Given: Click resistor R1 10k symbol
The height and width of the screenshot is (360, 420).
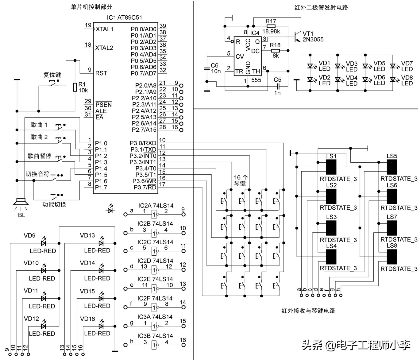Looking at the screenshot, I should pyautogui.click(x=75, y=87).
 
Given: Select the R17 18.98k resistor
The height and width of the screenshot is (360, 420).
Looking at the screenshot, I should pyautogui.click(x=271, y=26).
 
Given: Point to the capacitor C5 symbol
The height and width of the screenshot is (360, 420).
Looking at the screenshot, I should pyautogui.click(x=278, y=87).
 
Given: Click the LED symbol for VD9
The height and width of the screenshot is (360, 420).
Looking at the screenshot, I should pyautogui.click(x=43, y=243).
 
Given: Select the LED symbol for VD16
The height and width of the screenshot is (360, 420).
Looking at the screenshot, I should pyautogui.click(x=101, y=326).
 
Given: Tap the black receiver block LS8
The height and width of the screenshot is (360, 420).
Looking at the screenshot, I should pyautogui.click(x=392, y=257).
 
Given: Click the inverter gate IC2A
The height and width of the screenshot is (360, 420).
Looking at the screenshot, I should pyautogui.click(x=154, y=214).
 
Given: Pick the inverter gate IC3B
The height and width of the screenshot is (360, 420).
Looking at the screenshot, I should pyautogui.click(x=154, y=345).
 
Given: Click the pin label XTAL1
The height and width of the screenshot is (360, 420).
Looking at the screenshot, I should pyautogui.click(x=104, y=29).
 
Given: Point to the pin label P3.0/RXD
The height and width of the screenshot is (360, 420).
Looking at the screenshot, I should pyautogui.click(x=143, y=143).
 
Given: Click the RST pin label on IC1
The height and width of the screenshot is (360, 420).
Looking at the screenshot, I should pyautogui.click(x=101, y=73).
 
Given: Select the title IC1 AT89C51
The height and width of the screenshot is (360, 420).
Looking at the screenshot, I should pyautogui.click(x=124, y=18).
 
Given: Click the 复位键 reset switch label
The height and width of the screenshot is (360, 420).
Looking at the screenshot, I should pyautogui.click(x=52, y=75).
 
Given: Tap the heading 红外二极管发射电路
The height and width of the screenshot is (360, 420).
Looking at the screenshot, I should pyautogui.click(x=321, y=8).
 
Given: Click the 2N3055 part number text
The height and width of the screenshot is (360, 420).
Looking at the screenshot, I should pyautogui.click(x=313, y=40).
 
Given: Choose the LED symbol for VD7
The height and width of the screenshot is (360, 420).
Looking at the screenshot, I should pyautogui.click(x=393, y=66).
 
